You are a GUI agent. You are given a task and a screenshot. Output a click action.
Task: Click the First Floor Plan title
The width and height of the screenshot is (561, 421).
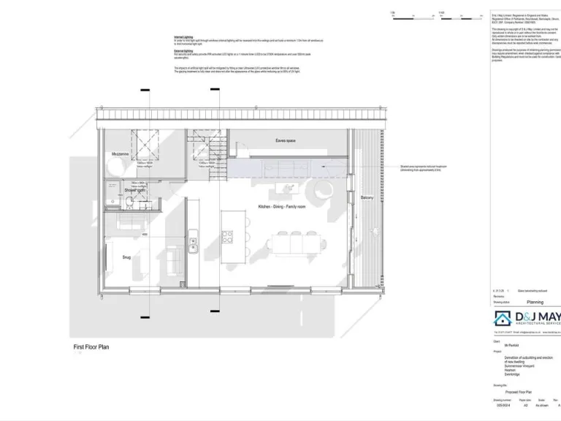(91, 348)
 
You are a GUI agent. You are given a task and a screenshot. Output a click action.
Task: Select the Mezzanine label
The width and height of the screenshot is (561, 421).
(121, 155)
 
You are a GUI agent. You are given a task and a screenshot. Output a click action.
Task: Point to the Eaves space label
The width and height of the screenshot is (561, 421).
(285, 140)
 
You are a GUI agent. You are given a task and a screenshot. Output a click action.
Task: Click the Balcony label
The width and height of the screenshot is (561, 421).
(367, 197)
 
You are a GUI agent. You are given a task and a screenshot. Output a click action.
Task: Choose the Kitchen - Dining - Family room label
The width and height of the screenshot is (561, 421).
(281, 208)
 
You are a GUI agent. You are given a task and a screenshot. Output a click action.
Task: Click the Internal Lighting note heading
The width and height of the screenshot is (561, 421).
(183, 36)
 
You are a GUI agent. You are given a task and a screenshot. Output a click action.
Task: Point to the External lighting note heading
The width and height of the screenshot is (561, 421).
(183, 51)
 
